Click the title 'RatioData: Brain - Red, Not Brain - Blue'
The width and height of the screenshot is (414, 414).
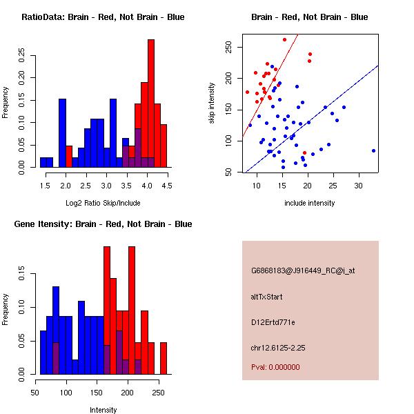click(x=103, y=17)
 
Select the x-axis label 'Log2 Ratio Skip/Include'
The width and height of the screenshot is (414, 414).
click(x=103, y=203)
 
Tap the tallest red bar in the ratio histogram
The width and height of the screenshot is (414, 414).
click(x=151, y=103)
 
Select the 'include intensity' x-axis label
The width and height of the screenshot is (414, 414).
click(x=310, y=203)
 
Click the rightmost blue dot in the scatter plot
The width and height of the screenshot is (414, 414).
click(x=373, y=150)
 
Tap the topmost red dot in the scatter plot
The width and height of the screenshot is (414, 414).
click(x=284, y=39)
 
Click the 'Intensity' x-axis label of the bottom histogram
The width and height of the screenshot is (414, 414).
click(x=103, y=410)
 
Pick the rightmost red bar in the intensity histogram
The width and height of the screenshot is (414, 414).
click(x=164, y=359)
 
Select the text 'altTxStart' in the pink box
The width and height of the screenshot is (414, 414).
click(x=267, y=297)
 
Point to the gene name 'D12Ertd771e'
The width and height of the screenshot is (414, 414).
click(x=273, y=322)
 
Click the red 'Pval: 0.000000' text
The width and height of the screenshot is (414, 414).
click(x=275, y=367)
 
